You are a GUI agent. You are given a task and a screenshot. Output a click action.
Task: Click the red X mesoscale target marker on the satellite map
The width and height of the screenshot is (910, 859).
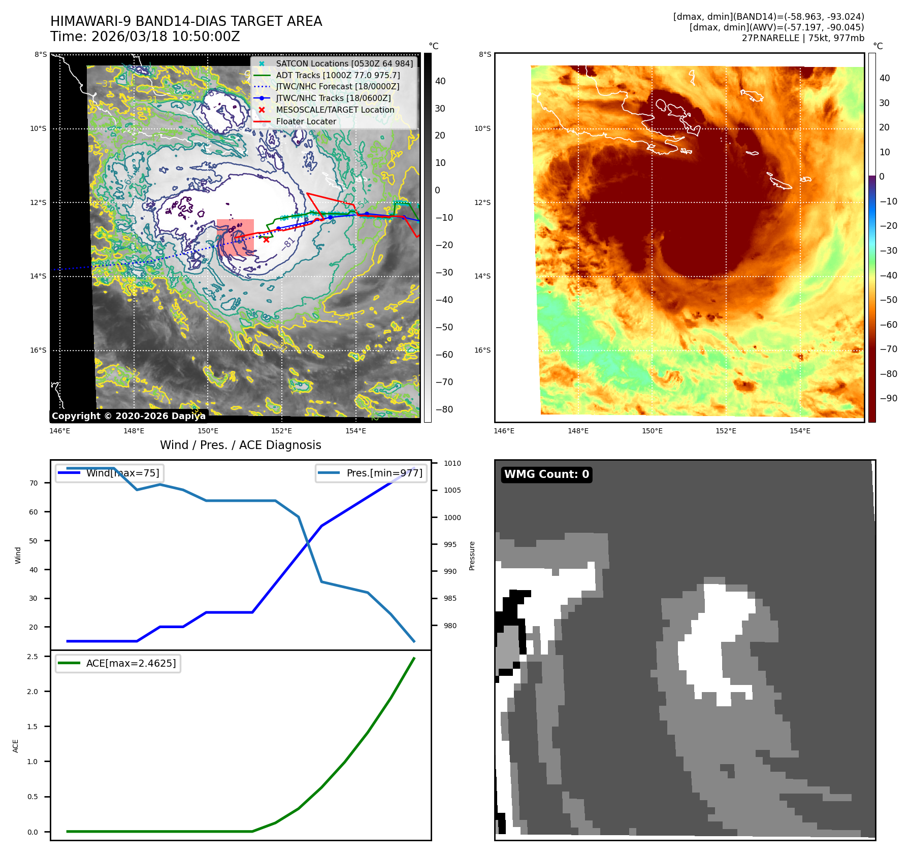[267, 239]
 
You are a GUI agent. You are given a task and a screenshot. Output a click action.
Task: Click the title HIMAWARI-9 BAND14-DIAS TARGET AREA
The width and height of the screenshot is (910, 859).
[186, 21]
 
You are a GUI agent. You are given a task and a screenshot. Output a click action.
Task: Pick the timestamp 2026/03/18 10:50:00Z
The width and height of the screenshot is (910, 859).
[145, 37]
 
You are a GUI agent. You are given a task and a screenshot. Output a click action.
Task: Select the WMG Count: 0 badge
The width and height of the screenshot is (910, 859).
[546, 474]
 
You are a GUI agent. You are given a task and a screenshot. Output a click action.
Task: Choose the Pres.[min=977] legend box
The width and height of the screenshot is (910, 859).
[371, 473]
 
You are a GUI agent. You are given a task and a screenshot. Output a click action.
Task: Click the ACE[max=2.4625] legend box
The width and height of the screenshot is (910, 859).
[118, 663]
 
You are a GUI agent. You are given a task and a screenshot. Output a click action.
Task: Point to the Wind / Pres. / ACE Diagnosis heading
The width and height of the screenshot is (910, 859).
[240, 445]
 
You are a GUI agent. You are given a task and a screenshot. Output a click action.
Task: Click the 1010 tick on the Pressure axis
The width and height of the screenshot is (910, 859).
[452, 463]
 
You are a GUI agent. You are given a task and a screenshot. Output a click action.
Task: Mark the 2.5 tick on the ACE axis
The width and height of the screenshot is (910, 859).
[33, 657]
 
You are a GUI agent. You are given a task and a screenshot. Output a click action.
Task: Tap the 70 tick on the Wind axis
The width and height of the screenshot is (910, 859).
[34, 483]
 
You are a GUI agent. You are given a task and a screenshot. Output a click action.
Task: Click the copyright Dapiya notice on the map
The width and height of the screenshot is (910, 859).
[128, 416]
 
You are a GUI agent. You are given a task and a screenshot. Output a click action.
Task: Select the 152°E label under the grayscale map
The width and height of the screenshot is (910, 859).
[281, 431]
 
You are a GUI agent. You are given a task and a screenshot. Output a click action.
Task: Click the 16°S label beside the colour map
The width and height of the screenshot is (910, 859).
[482, 350]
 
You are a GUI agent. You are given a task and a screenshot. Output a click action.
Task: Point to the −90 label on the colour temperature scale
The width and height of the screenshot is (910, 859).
[888, 398]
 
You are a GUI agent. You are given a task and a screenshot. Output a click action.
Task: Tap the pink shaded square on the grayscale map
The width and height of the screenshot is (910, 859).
[235, 236]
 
